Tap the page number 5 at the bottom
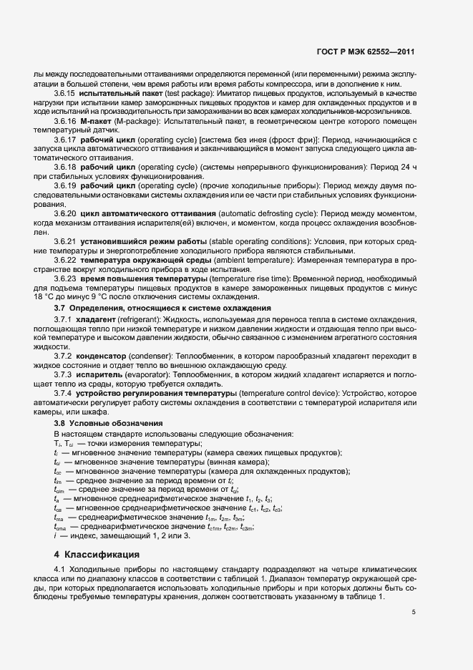pyautogui.click(x=413, y=612)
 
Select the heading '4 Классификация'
pyautogui.click(x=97, y=554)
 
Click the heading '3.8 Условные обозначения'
pyautogui.click(x=94, y=423)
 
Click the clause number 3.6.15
pyautogui.click(x=65, y=94)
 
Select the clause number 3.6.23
pyautogui.click(x=65, y=278)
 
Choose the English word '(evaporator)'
pyautogui.click(x=146, y=374)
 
